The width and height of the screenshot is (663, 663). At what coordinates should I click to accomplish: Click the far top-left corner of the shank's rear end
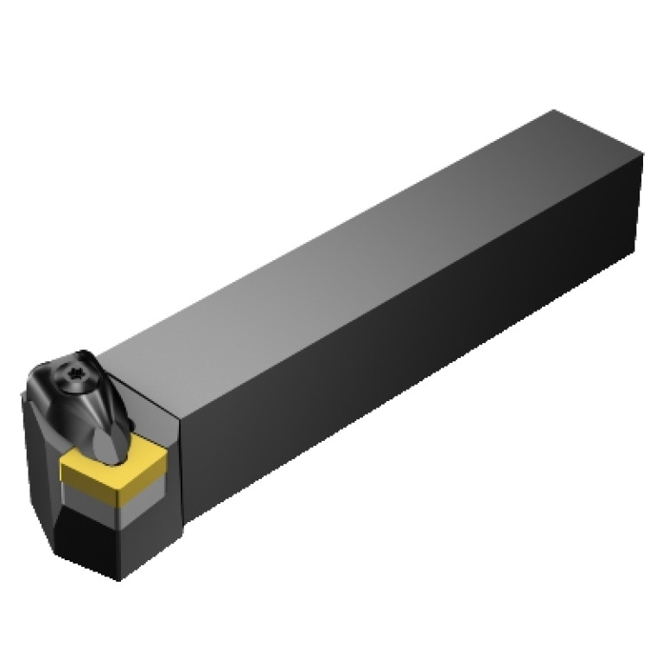click(553, 112)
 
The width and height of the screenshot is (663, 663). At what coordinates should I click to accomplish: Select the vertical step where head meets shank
click(180, 467)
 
